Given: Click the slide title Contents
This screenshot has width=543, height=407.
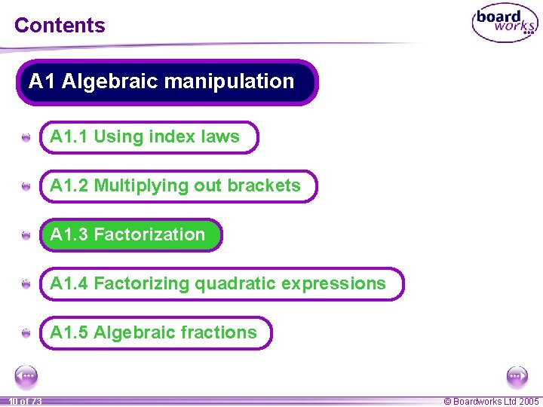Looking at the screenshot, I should coord(60,25).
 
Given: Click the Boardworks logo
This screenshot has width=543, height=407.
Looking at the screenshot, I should coord(505,24).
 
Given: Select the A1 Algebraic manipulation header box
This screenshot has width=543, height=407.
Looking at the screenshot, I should coord(167,82).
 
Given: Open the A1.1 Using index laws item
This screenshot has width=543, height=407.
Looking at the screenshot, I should coord(149,137).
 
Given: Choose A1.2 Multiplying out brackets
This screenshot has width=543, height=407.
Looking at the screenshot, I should coord(178,186).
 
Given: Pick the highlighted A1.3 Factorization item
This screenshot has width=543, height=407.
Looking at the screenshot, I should coord(131,235).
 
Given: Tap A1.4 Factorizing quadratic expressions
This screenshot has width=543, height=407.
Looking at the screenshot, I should coord(221,284).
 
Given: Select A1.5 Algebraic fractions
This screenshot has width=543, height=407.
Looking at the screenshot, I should coord(155,333).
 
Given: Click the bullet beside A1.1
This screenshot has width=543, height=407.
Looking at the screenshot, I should coord(26,138).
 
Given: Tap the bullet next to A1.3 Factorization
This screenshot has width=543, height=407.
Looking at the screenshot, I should coord(26,236).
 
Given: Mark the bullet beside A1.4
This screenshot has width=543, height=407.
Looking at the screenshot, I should coord(26,285).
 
